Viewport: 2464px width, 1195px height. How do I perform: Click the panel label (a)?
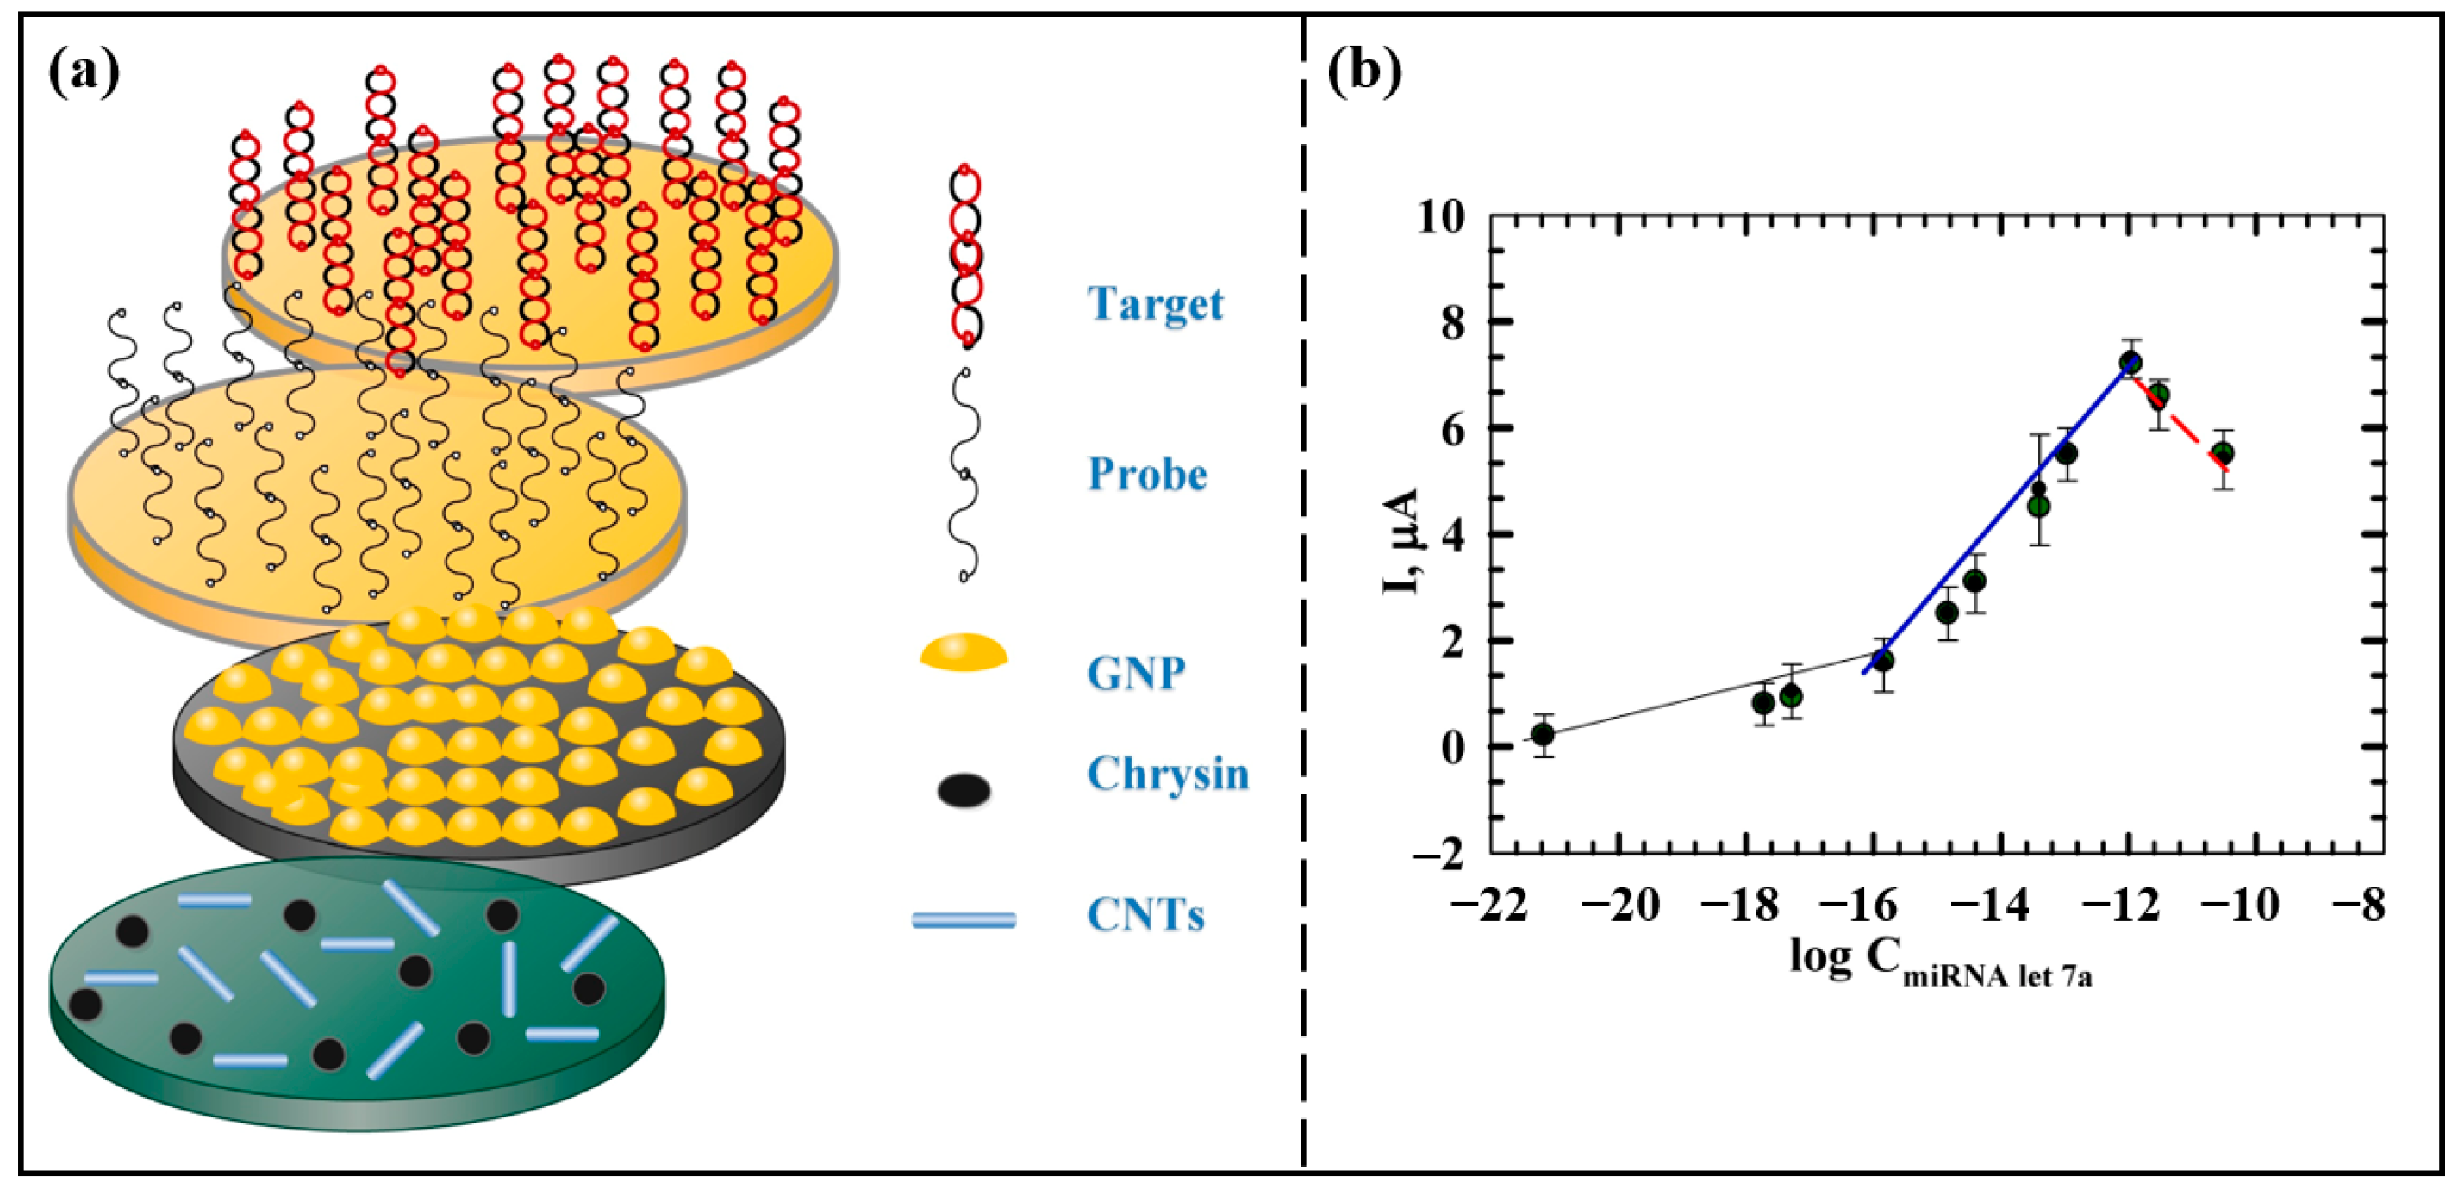click(x=84, y=72)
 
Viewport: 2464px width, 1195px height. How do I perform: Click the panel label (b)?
click(x=1364, y=72)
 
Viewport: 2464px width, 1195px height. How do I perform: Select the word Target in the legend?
click(x=1155, y=304)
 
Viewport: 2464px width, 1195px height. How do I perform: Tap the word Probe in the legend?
click(x=1147, y=474)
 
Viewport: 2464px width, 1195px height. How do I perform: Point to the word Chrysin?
click(x=1167, y=774)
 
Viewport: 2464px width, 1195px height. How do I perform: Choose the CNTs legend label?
click(x=1145, y=916)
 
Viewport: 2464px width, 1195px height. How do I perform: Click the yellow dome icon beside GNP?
click(x=964, y=653)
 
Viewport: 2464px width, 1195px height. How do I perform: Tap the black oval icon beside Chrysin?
click(x=964, y=791)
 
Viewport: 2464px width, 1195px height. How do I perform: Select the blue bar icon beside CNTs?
click(x=964, y=919)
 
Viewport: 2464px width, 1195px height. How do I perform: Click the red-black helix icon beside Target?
click(x=966, y=256)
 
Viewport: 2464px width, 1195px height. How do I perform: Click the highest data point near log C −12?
click(x=2130, y=364)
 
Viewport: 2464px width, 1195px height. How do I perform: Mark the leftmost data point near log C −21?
click(x=1542, y=734)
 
